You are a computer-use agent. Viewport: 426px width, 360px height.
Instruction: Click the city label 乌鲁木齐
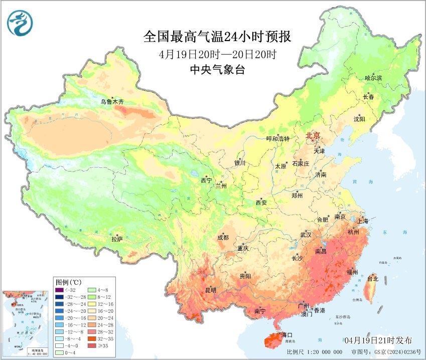(111, 102)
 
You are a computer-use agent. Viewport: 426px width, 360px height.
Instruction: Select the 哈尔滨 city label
(373, 78)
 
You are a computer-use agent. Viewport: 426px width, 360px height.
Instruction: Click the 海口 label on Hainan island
(287, 334)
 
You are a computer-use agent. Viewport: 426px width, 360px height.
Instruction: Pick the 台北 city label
(372, 278)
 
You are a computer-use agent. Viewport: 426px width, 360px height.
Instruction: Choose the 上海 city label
(362, 221)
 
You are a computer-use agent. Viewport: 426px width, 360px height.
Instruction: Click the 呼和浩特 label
(277, 139)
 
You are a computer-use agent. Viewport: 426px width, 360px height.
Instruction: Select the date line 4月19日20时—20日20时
(217, 54)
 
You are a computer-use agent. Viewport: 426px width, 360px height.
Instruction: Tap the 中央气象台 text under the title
(217, 70)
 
